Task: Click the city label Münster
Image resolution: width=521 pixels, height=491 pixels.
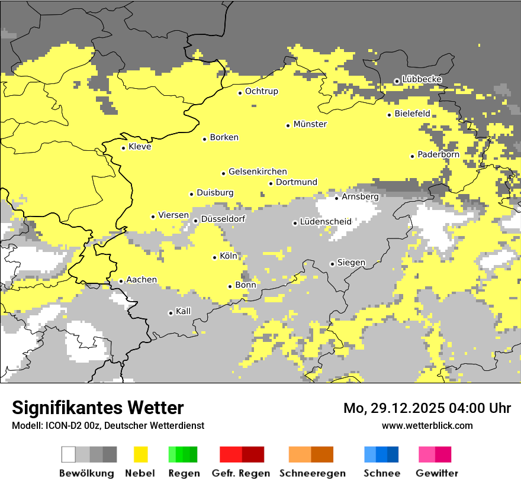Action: click(310, 124)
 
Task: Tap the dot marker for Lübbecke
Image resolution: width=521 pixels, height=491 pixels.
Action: click(397, 81)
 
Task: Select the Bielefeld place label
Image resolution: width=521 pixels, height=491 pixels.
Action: click(412, 114)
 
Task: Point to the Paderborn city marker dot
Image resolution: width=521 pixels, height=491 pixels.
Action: click(413, 156)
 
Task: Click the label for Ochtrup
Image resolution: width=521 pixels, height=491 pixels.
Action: click(262, 91)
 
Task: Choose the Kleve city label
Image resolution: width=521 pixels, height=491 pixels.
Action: click(140, 147)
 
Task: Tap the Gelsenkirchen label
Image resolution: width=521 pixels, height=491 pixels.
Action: click(258, 172)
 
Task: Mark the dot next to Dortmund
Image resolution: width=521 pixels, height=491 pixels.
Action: click(271, 183)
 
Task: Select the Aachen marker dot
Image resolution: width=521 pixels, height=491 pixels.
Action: click(121, 282)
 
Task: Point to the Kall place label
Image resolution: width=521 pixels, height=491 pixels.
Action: click(184, 311)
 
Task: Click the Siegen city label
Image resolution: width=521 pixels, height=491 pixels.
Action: click(351, 263)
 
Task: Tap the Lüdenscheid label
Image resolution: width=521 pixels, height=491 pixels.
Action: click(326, 222)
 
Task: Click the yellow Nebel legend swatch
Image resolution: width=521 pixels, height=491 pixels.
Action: click(141, 454)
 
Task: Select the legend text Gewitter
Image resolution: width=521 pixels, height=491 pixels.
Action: click(437, 473)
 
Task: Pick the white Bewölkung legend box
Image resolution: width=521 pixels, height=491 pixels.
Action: click(69, 454)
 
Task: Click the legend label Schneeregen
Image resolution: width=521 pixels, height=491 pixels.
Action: click(313, 473)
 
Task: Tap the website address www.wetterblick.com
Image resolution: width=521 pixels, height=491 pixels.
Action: click(427, 425)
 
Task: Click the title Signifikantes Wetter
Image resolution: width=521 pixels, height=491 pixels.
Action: click(98, 408)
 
